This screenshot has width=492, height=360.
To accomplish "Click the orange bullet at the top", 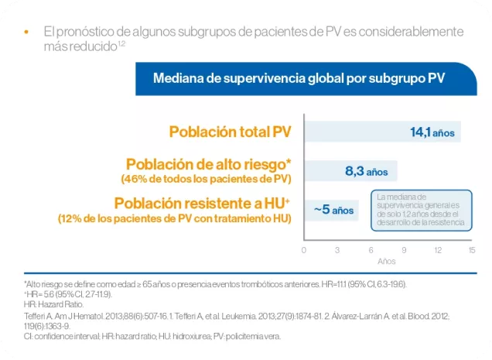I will click(26, 33).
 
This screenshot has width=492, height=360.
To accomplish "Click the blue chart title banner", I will click(298, 78).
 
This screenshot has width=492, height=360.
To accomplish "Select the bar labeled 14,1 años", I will click(383, 132).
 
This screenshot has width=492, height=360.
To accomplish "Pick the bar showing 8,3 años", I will click(351, 171).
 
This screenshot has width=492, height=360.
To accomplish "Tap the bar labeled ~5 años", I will click(332, 209).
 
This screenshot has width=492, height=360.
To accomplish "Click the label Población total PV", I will click(231, 132).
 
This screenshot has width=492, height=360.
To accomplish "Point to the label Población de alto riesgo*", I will click(208, 164).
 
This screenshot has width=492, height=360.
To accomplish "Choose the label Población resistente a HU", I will click(201, 203).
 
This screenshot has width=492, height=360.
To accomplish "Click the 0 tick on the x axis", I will click(304, 250).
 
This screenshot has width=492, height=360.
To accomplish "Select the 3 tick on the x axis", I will click(337, 250).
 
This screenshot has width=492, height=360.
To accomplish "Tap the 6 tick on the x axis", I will click(371, 250).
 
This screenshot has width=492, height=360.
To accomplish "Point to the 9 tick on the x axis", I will click(405, 250).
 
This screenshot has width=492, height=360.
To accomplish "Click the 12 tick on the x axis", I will click(438, 250).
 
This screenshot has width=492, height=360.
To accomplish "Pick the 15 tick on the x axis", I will click(471, 250).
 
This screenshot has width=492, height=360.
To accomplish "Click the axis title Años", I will click(387, 262).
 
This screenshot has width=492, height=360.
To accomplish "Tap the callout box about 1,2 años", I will click(421, 209).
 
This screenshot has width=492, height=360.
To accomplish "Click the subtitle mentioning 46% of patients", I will click(206, 180).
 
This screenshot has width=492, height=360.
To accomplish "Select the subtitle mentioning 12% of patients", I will click(174, 219).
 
